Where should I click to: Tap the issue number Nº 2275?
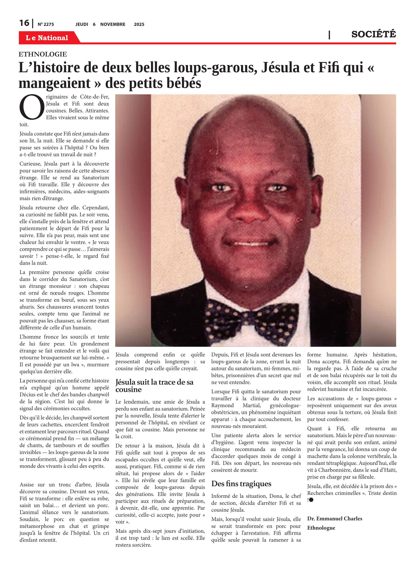(46, 24)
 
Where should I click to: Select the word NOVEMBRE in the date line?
(113, 24)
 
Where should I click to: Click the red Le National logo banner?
(47, 38)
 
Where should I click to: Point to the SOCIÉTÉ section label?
(373, 34)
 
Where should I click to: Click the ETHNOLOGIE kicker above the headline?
(43, 54)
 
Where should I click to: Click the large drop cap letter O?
(32, 107)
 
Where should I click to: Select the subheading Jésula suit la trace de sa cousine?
(154, 385)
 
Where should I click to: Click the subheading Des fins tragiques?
(241, 484)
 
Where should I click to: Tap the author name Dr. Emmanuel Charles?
(335, 518)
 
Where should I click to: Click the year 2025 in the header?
(139, 24)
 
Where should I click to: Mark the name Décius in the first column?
(27, 395)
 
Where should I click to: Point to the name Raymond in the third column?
(222, 405)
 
